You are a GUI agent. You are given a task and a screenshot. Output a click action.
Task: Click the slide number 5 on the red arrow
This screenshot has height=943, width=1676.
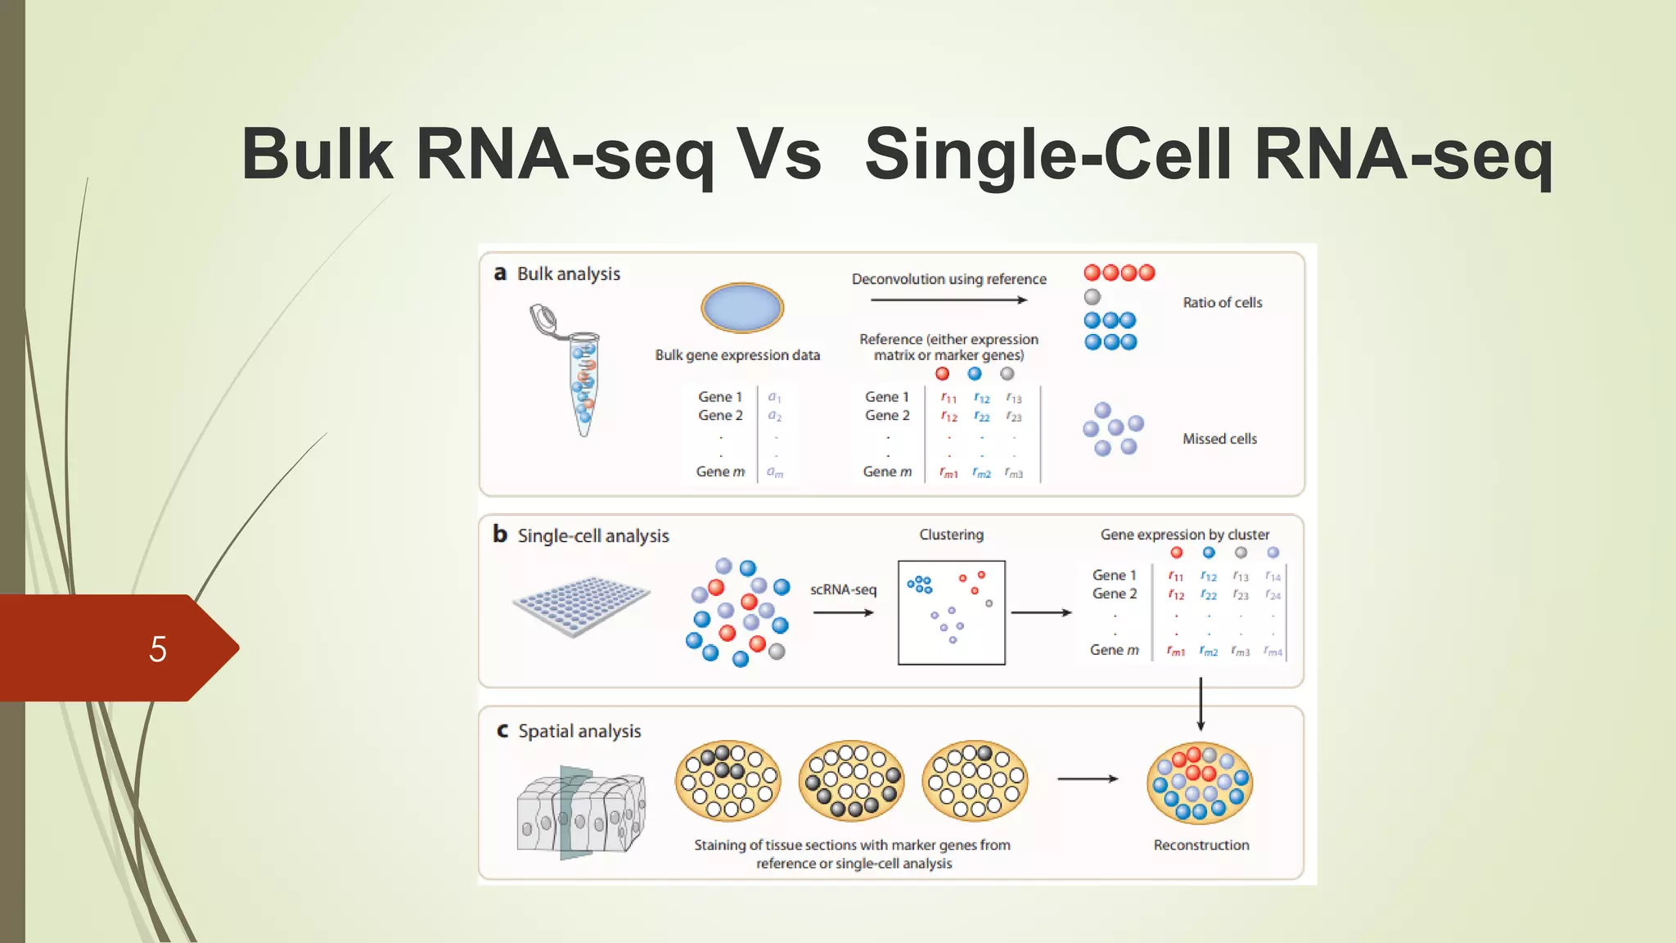click(x=158, y=649)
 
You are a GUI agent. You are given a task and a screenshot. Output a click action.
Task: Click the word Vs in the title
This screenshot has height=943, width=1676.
click(x=778, y=154)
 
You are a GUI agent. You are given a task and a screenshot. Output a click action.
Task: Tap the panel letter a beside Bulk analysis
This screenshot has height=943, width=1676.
click(x=500, y=273)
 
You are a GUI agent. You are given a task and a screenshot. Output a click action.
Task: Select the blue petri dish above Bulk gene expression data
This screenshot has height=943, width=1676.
click(x=742, y=307)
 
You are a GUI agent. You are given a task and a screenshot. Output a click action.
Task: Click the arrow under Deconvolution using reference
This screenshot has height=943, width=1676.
click(x=948, y=300)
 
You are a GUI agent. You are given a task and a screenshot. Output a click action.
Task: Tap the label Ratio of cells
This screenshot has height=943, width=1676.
click(x=1222, y=303)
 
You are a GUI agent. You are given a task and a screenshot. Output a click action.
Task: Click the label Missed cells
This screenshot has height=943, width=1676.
click(x=1219, y=439)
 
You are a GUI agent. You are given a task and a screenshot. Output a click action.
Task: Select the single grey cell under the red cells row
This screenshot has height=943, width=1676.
click(x=1093, y=297)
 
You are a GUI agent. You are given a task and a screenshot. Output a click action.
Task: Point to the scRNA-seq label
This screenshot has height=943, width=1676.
click(x=843, y=589)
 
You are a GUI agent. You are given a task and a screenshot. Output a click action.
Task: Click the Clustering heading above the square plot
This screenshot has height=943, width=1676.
click(x=951, y=535)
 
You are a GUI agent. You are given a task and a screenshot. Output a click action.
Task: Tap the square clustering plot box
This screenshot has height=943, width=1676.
click(x=951, y=612)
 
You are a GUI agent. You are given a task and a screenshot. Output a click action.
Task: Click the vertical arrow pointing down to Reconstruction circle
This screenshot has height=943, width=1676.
click(x=1201, y=704)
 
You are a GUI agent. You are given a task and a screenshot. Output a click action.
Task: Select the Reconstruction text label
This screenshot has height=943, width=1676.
click(x=1201, y=845)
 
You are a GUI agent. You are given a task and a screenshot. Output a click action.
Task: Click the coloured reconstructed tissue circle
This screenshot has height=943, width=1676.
click(x=1200, y=783)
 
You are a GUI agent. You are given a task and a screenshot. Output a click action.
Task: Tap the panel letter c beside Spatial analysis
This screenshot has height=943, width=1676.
click(x=502, y=730)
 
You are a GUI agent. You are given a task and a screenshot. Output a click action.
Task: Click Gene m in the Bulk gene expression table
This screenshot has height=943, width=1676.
click(x=720, y=471)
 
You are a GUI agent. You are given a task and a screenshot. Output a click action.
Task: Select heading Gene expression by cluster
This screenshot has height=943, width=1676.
click(x=1184, y=535)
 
